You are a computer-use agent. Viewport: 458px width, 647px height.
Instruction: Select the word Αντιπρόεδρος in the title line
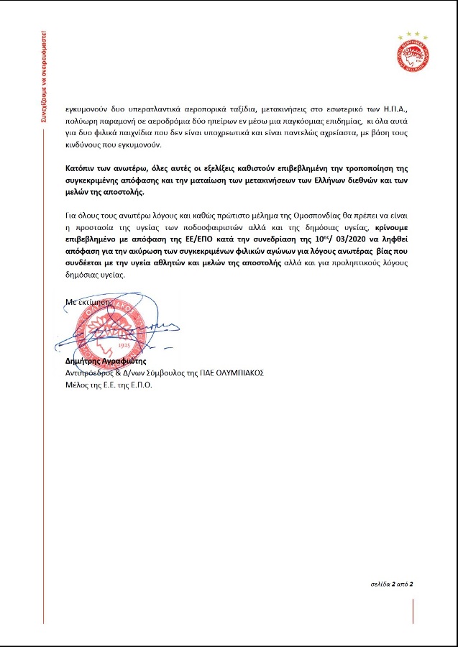point(91,373)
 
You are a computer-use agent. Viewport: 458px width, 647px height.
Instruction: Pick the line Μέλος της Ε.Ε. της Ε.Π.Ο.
point(108,385)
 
